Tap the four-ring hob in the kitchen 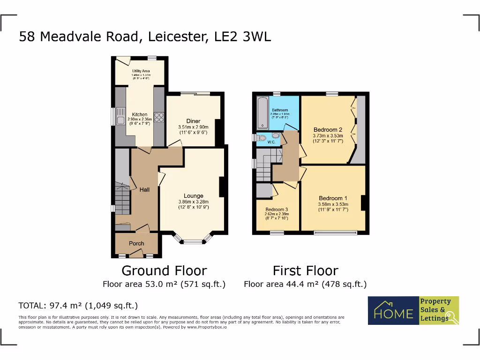pyautogui.click(x=158, y=117)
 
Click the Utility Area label pyautogui.click(x=141, y=71)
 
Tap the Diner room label pyautogui.click(x=193, y=121)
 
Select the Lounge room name pyautogui.click(x=193, y=196)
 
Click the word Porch pyautogui.click(x=136, y=243)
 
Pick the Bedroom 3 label pyautogui.click(x=276, y=210)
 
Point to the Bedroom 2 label pyautogui.click(x=328, y=129)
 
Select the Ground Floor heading pyautogui.click(x=164, y=270)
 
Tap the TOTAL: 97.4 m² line pyautogui.click(x=78, y=306)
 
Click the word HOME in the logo pyautogui.click(x=393, y=313)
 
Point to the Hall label pyautogui.click(x=144, y=190)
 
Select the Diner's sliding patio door pyautogui.click(x=195, y=94)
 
